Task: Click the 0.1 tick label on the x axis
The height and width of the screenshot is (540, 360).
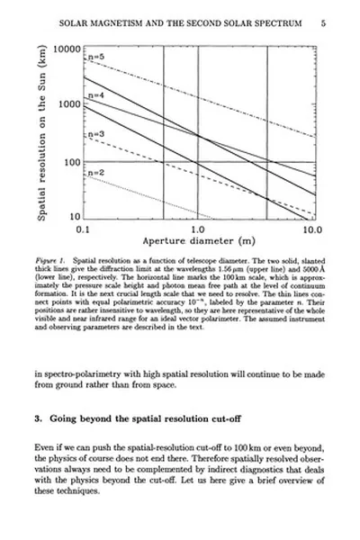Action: coord(84,230)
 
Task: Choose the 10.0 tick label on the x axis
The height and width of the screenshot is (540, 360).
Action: coord(312,230)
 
